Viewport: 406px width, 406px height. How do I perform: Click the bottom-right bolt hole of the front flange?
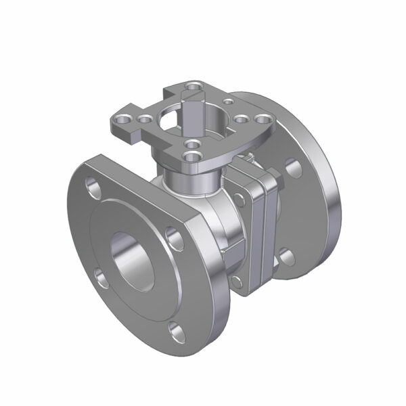177,331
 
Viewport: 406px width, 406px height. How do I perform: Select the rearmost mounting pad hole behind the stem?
194,86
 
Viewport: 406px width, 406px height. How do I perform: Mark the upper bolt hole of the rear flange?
292,166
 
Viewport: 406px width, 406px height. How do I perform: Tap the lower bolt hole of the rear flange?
286,255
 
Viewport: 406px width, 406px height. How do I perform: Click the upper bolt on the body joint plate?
240,198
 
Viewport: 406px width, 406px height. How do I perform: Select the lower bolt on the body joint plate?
235,280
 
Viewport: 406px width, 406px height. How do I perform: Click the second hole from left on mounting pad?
144,120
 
